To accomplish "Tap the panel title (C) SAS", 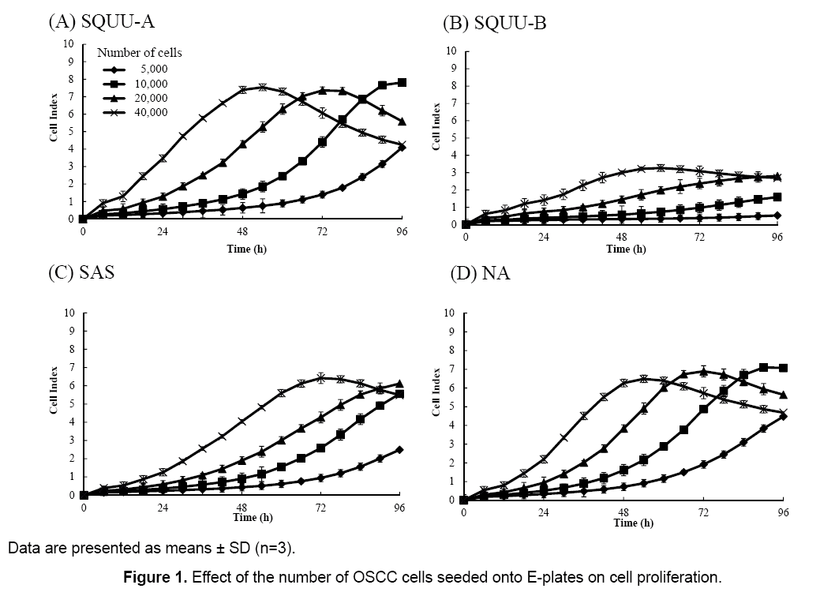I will [x=82, y=273].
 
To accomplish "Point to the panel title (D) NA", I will [x=480, y=273].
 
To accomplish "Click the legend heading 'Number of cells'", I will [x=140, y=53].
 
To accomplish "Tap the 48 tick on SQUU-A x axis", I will [x=242, y=233].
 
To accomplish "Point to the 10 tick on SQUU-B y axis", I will [x=451, y=51].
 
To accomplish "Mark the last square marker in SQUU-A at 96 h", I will [x=403, y=83].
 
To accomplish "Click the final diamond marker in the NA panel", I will [x=783, y=416].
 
